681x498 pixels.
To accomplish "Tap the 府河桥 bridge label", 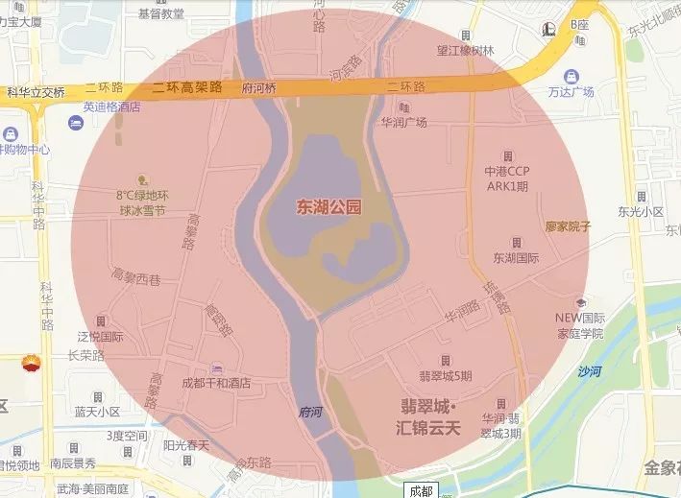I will tap(259, 87).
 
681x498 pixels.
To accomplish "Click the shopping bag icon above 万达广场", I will tap(572, 75).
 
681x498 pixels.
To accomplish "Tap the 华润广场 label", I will tap(403, 123).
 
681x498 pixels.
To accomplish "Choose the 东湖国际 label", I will tap(516, 258).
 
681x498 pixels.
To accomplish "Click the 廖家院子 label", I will tap(568, 226).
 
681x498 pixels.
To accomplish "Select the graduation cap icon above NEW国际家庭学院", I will tap(579, 300).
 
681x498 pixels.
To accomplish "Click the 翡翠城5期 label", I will tap(446, 375).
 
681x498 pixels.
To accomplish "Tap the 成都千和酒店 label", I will tap(216, 383).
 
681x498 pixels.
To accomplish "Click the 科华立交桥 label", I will tap(36, 93).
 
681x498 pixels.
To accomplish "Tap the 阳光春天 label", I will tap(185, 445).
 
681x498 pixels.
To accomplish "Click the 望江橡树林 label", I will tap(466, 51).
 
